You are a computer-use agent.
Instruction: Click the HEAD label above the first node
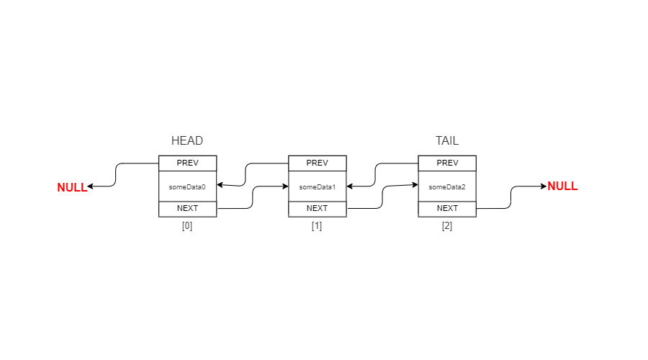(x=187, y=140)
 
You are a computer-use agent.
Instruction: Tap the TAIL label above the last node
(x=446, y=140)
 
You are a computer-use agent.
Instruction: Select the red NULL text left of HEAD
(x=72, y=187)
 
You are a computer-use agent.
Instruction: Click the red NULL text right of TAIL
(x=562, y=186)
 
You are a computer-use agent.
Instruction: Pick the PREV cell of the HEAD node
(x=187, y=163)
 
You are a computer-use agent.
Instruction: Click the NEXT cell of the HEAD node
(x=187, y=209)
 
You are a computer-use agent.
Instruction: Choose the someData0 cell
(x=187, y=186)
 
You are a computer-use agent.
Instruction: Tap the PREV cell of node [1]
(x=317, y=163)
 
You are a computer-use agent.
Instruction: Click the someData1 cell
(x=317, y=186)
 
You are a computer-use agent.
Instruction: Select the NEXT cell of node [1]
(x=317, y=209)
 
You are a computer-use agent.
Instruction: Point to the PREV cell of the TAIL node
(x=447, y=163)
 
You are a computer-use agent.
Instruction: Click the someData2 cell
(x=447, y=186)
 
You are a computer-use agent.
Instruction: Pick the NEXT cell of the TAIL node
(x=447, y=209)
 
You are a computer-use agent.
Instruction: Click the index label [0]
(x=187, y=225)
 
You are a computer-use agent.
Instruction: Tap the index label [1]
(x=317, y=225)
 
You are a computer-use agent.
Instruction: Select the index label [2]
(x=447, y=225)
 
